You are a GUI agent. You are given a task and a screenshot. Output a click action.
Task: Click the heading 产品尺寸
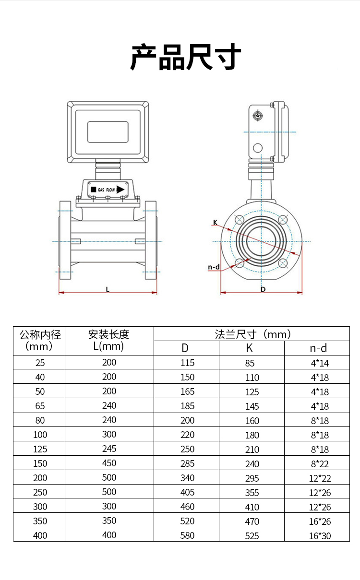coord(185,57)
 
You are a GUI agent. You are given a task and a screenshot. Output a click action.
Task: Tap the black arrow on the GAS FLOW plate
coord(120,189)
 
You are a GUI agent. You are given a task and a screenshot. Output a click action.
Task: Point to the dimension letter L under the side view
coord(108,289)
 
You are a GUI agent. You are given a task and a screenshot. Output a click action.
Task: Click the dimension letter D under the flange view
coord(263,289)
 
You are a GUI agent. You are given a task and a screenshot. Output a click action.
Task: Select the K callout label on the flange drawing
coord(216,222)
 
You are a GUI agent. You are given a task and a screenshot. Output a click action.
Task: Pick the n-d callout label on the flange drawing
coord(214,267)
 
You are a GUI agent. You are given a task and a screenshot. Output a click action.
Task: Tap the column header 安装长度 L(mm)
coord(109,340)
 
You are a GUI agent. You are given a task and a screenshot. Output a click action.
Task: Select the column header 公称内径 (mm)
coord(40,340)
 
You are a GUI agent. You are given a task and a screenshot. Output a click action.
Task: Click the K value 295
coord(252,478)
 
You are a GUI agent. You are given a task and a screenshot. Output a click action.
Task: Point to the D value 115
coord(187,363)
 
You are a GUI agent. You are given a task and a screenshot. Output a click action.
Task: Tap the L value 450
coord(109,463)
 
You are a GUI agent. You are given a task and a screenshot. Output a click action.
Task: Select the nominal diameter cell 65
coord(40,406)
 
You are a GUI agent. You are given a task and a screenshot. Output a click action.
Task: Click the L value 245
coord(109,449)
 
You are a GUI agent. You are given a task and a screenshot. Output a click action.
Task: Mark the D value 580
coord(187,535)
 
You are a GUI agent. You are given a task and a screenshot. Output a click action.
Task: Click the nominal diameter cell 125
coord(40,449)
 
